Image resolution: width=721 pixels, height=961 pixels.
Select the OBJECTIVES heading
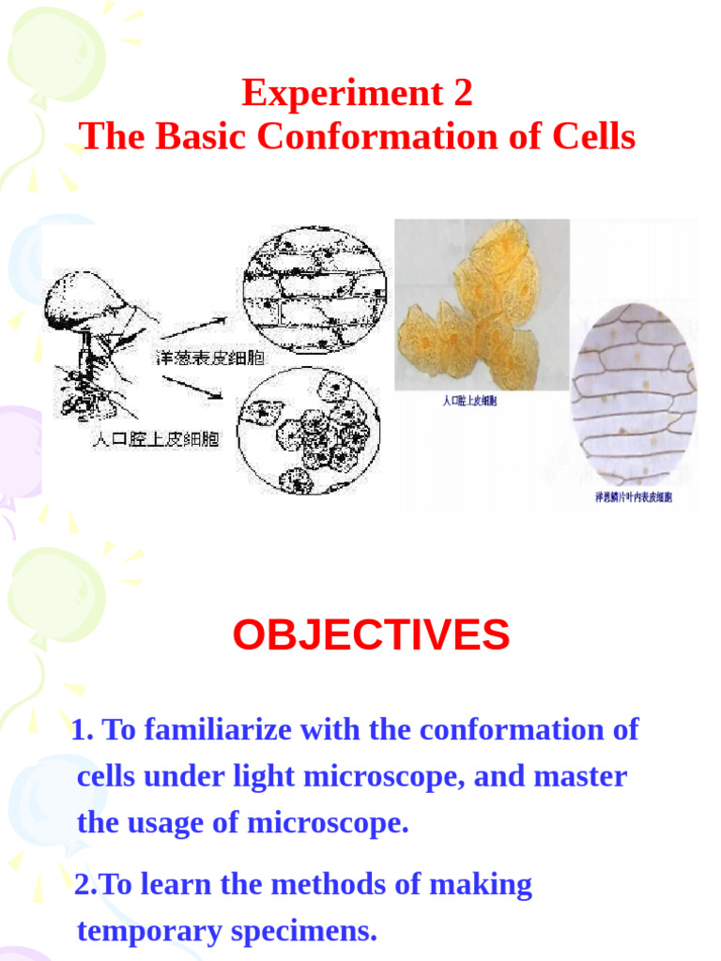click(371, 635)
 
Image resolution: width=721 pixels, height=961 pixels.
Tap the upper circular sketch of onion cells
click(314, 290)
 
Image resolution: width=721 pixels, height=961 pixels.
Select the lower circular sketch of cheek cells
click(309, 430)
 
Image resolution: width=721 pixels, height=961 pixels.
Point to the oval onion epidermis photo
click(634, 393)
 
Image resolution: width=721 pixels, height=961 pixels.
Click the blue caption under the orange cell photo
click(469, 402)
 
